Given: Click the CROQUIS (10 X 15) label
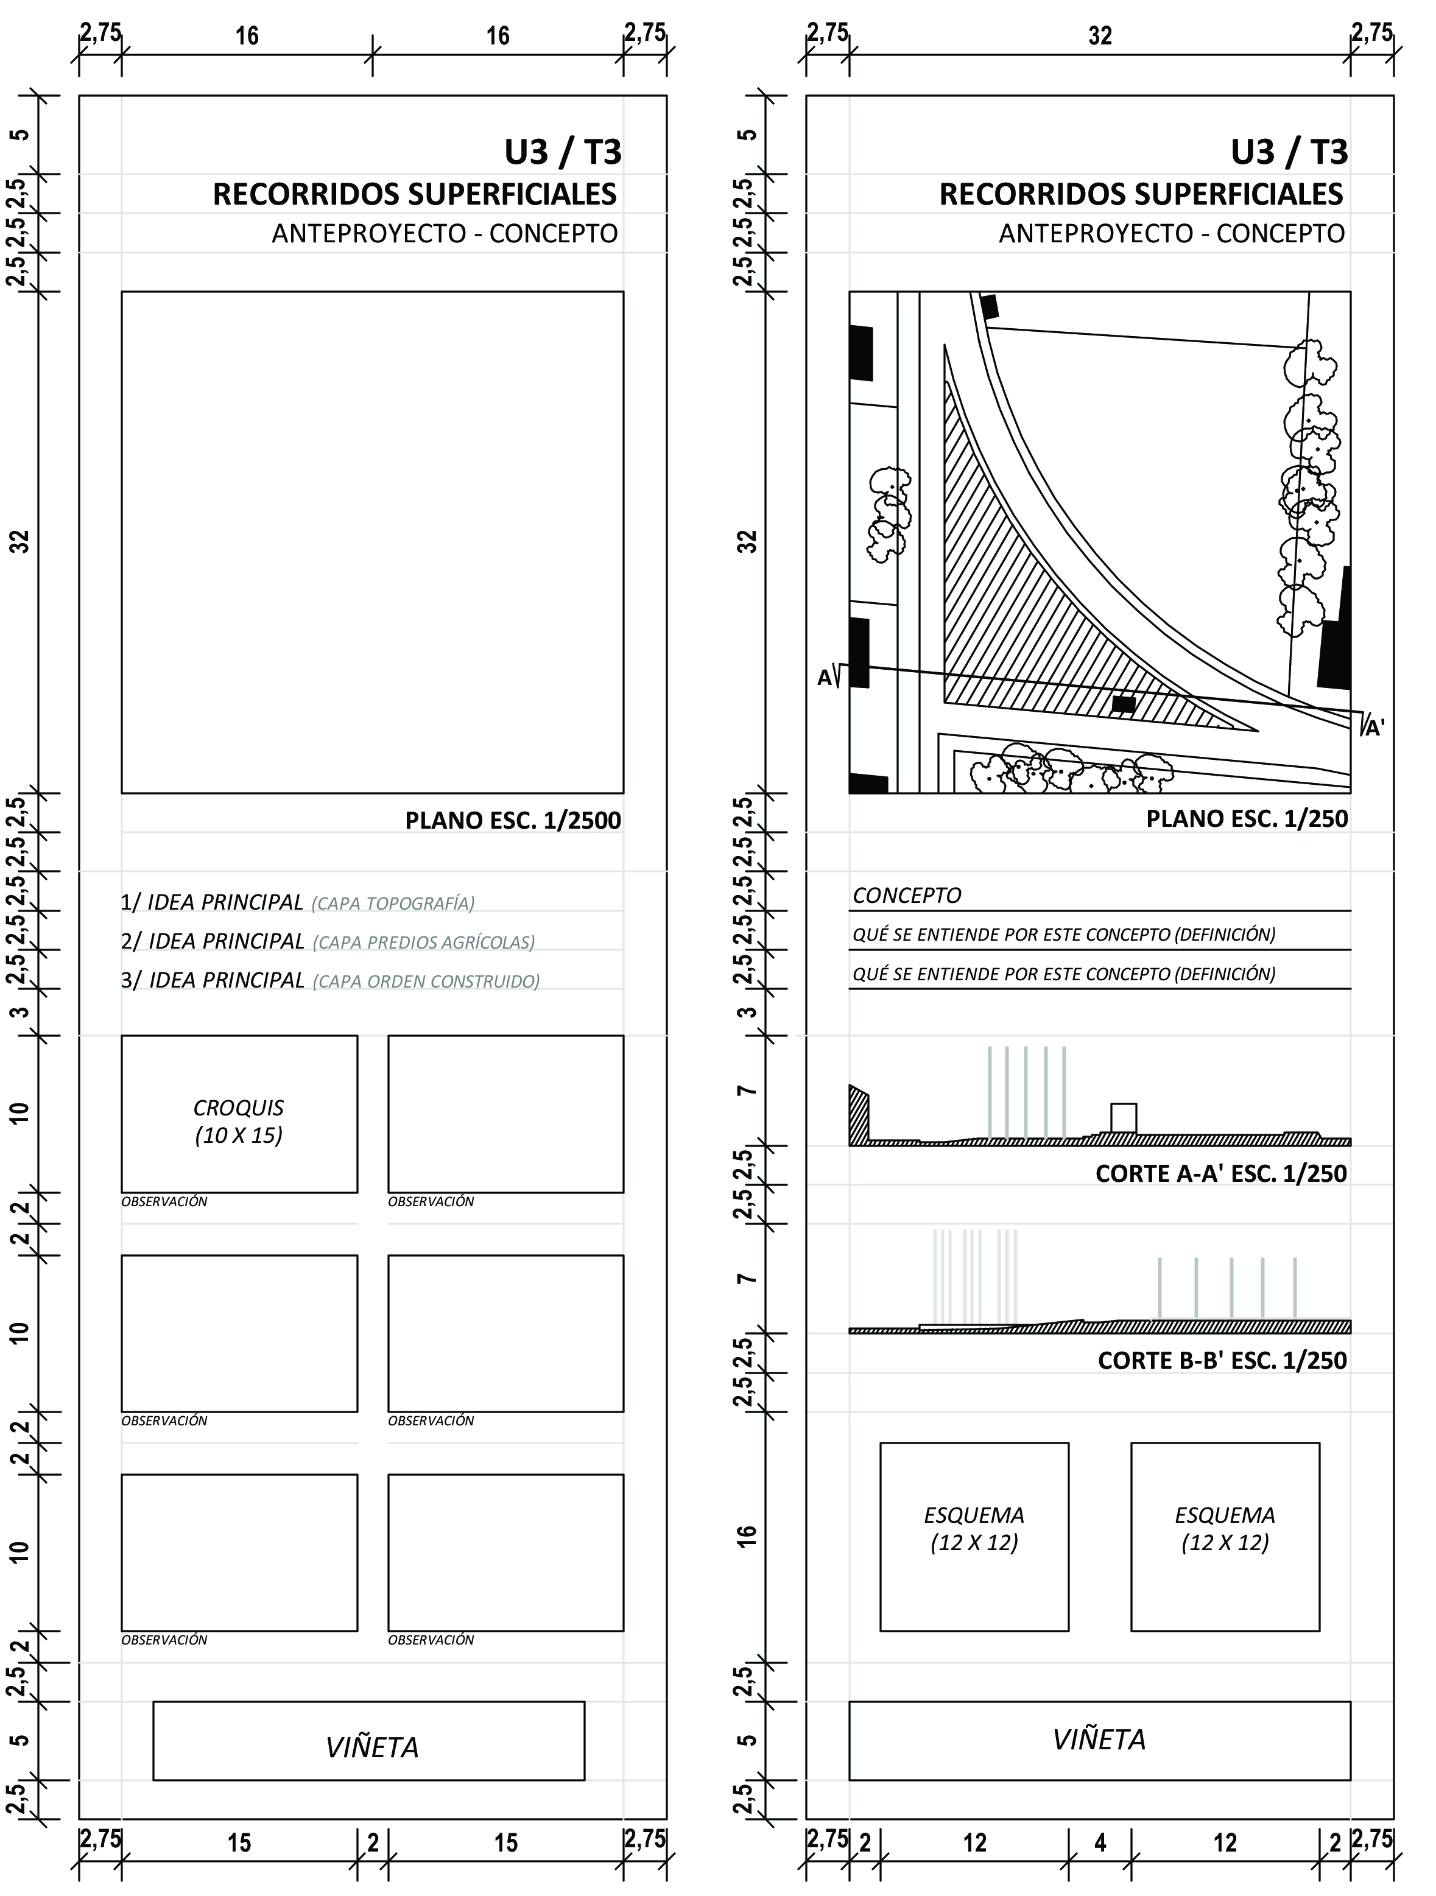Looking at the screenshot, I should (238, 1121).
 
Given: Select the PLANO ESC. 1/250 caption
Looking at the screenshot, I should (1247, 818).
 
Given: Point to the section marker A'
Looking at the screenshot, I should (1374, 729).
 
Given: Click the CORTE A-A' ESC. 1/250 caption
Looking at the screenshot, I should (1221, 1173).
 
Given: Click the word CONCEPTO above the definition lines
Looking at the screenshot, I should (907, 896).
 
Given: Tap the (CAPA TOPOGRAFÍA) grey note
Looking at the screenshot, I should (393, 904).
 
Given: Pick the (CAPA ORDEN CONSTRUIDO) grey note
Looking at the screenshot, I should (426, 982).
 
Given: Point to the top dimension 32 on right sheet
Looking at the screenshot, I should (1100, 36).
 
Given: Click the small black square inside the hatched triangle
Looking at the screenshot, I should (1123, 704).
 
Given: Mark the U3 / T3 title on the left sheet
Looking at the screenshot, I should (562, 153).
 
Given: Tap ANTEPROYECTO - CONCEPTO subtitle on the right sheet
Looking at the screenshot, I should (1171, 233).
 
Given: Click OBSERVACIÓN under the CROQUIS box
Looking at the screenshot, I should (164, 1202).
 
